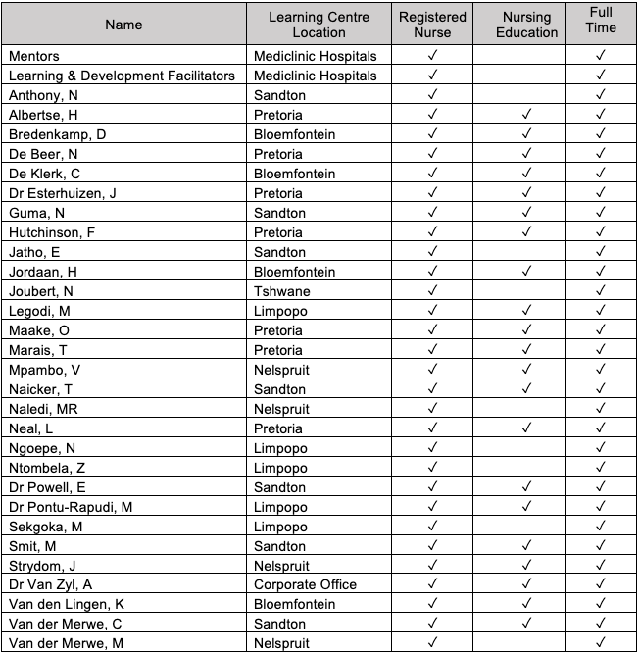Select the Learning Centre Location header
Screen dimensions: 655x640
pyautogui.click(x=320, y=25)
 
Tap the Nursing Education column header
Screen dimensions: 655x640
pyautogui.click(x=529, y=25)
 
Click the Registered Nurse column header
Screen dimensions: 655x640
pyautogui.click(x=432, y=25)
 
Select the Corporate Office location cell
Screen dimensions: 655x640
pyautogui.click(x=305, y=584)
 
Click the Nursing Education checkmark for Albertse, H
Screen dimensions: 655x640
pyautogui.click(x=529, y=115)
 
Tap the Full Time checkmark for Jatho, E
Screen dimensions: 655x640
pyautogui.click(x=601, y=252)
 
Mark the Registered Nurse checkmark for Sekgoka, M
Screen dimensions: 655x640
pyautogui.click(x=432, y=526)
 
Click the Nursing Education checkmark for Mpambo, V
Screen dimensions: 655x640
pyautogui.click(x=529, y=370)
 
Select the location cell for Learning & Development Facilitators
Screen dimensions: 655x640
pyautogui.click(x=315, y=76)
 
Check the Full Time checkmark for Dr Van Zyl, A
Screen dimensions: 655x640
pyautogui.click(x=601, y=584)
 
